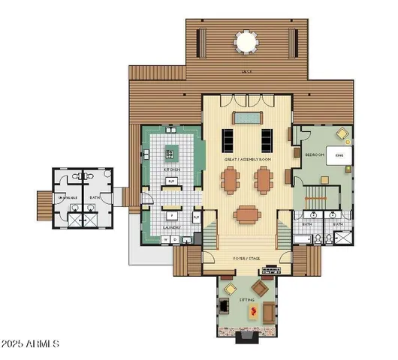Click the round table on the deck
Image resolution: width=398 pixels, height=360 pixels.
pyautogui.click(x=246, y=41)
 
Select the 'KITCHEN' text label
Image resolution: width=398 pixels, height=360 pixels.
pyautogui.click(x=172, y=169)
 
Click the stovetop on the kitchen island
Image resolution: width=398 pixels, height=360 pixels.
pyautogui.click(x=170, y=154)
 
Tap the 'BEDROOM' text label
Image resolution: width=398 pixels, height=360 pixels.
pyautogui.click(x=315, y=154)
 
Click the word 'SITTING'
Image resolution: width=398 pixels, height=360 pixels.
pyautogui.click(x=247, y=299)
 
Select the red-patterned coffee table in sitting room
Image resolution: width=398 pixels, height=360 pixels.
pyautogui.click(x=253, y=311)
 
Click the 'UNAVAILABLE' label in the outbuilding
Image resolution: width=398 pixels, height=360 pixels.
pyautogui.click(x=67, y=198)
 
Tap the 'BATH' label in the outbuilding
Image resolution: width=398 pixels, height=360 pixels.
pyautogui.click(x=95, y=198)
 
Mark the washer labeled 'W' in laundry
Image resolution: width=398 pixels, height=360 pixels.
pyautogui.click(x=166, y=239)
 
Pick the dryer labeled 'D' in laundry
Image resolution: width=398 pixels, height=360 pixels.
pyautogui.click(x=175, y=239)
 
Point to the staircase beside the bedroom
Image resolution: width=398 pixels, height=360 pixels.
pyautogui.click(x=316, y=201)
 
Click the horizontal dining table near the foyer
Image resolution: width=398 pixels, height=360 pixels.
pyautogui.click(x=246, y=215)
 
